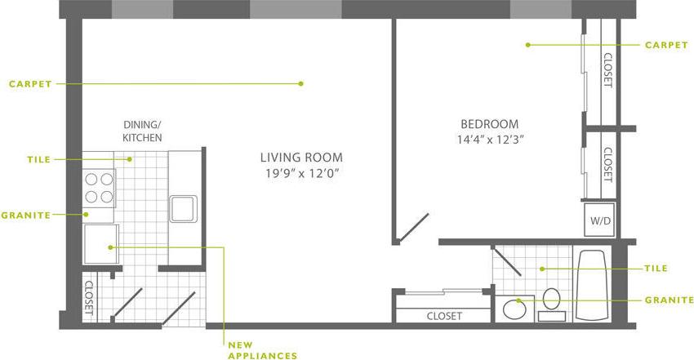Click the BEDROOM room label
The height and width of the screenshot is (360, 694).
click(489, 124)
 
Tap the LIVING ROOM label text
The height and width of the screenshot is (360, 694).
click(301, 158)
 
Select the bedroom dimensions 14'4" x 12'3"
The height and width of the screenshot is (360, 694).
click(489, 139)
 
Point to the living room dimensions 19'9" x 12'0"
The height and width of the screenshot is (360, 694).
click(301, 173)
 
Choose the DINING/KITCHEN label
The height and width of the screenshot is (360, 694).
click(142, 131)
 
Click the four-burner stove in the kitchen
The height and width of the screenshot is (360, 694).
click(99, 187)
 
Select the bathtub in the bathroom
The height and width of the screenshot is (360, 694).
click(591, 285)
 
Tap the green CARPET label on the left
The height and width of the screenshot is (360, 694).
click(31, 83)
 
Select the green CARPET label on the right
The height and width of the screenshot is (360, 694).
click(666, 46)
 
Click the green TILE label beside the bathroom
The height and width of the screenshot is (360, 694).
click(655, 269)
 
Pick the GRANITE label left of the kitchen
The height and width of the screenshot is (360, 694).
click(25, 216)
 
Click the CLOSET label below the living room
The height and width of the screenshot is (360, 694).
click(444, 316)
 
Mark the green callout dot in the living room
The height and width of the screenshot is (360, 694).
click(300, 82)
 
